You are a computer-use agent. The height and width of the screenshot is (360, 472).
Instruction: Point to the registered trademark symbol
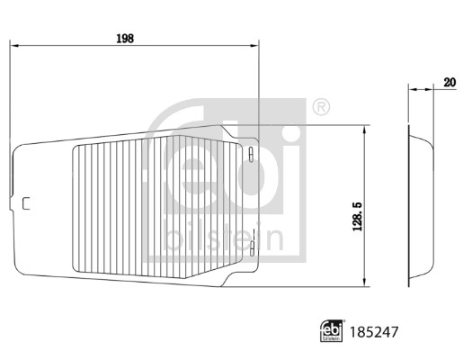[x=319, y=108]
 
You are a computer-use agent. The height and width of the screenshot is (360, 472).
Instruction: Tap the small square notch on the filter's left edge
[x=25, y=203]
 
